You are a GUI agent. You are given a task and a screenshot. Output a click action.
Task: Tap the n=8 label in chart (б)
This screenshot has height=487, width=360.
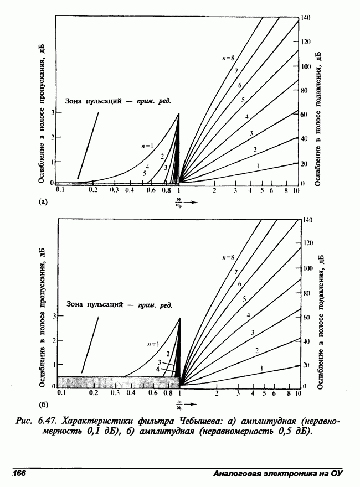[x=228, y=257]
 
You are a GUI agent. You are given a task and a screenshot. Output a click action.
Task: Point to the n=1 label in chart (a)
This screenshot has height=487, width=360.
[x=146, y=146]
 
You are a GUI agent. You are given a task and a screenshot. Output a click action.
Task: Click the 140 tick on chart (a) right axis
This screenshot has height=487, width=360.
[x=306, y=18]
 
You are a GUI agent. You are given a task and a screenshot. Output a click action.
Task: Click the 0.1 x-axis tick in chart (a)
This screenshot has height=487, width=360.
[x=59, y=190]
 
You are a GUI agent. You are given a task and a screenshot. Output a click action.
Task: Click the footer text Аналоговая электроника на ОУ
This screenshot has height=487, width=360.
[x=279, y=474]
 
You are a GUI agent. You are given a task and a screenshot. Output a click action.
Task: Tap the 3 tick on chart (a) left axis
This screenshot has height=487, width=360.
[x=52, y=112]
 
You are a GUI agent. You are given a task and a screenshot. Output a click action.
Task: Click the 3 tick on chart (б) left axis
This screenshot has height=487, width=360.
[x=54, y=315]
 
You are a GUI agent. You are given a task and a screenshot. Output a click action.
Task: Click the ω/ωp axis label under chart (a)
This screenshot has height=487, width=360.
[x=178, y=202]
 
